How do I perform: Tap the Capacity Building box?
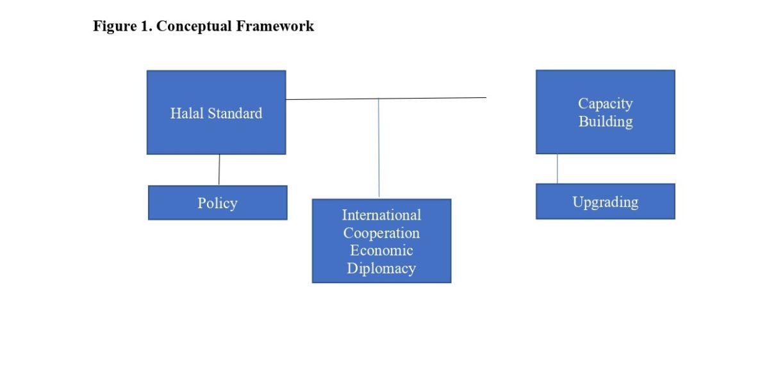click(x=605, y=138)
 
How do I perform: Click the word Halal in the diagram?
click(x=185, y=113)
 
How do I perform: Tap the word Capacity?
click(x=605, y=103)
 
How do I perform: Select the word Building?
click(x=605, y=121)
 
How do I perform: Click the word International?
click(x=381, y=215)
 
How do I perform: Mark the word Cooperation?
click(x=381, y=232)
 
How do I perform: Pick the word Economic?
click(x=381, y=250)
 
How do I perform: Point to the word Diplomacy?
click(x=381, y=268)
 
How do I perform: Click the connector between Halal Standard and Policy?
click(x=219, y=170)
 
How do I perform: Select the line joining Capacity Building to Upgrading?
click(x=557, y=168)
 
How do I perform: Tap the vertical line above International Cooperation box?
click(x=379, y=147)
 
